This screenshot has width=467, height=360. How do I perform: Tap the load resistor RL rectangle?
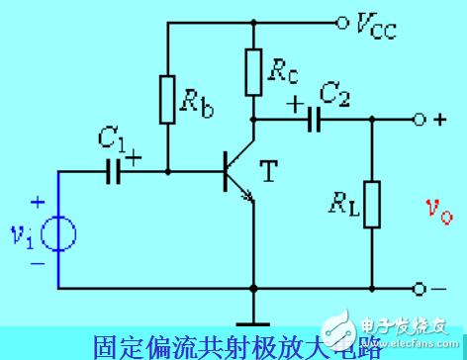click(x=372, y=205)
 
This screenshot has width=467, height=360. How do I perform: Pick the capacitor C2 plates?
click(x=315, y=120)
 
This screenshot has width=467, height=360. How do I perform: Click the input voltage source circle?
click(x=58, y=235)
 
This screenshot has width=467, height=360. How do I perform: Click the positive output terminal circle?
click(x=420, y=120)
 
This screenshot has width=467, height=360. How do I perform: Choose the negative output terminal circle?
click(x=420, y=289)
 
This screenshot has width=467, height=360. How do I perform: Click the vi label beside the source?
click(x=23, y=236)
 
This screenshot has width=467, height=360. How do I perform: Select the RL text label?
click(x=339, y=207)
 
